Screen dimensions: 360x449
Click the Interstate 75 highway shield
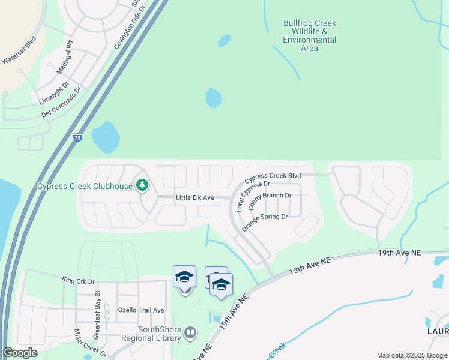(x=77, y=138)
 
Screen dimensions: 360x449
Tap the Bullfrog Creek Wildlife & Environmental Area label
(x=310, y=36)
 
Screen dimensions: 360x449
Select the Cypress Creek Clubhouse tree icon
(x=142, y=185)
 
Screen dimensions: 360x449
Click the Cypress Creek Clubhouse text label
(x=85, y=186)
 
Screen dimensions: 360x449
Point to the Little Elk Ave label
(x=195, y=197)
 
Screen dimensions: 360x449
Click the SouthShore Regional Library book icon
(x=190, y=332)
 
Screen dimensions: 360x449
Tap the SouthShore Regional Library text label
(x=160, y=334)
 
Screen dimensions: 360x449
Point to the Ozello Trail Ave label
(x=141, y=310)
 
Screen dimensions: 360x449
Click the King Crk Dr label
(x=78, y=280)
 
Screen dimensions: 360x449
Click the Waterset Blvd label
(x=20, y=59)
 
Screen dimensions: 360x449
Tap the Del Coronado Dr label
(x=61, y=104)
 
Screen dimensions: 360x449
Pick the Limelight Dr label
(x=54, y=93)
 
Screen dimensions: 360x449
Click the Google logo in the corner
(x=20, y=353)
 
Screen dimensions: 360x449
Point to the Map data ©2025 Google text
(x=411, y=355)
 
